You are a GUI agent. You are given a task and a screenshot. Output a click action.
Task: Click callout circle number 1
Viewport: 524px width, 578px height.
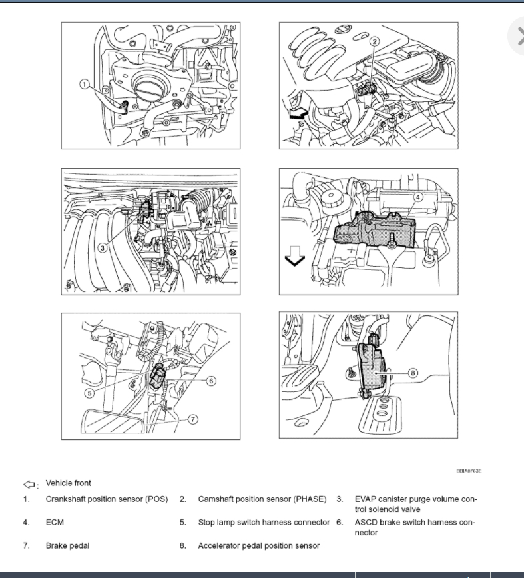coord(85,84)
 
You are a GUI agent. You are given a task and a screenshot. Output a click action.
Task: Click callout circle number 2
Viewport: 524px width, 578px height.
coord(374,41)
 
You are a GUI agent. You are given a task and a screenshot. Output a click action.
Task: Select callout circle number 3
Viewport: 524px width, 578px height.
coord(102,247)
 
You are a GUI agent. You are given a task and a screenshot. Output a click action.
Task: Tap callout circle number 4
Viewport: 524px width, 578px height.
coord(417,197)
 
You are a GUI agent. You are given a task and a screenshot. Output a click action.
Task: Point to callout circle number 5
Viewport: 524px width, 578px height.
coord(89,393)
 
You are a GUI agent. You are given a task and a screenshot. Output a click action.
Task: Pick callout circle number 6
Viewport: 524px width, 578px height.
coord(210,381)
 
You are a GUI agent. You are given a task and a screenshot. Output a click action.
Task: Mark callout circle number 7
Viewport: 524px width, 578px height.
coord(193,419)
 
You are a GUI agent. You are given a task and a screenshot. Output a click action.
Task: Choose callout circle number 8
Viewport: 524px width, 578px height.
coord(413,373)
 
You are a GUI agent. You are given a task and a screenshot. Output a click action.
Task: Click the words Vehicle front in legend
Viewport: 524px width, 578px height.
coord(69,483)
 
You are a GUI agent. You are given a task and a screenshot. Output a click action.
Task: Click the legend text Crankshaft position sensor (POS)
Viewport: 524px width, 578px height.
coord(107,499)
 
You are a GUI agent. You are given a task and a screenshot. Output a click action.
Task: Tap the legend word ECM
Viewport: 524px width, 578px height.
coord(55,522)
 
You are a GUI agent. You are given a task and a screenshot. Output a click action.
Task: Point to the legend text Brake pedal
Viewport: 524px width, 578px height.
coord(67,545)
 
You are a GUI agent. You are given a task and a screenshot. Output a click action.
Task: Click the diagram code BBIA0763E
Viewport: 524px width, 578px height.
coord(468,471)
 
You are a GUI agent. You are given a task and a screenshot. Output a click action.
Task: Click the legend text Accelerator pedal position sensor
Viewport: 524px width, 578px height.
coord(258,545)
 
